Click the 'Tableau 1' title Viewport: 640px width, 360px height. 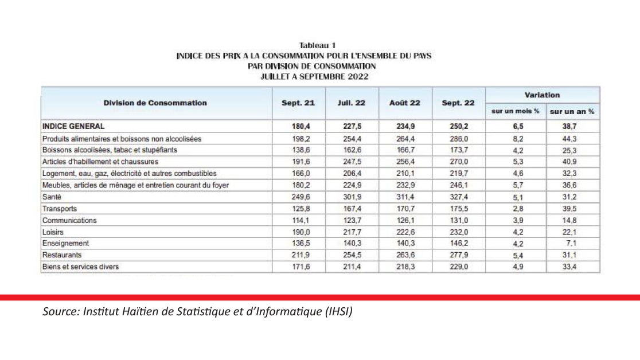(x=317, y=45)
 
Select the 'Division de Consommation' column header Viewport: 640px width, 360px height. (x=155, y=103)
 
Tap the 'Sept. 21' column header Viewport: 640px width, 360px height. (x=298, y=103)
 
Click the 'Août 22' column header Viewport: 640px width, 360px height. (x=405, y=103)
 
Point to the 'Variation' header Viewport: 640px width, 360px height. (x=542, y=95)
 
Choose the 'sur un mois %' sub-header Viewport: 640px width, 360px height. (x=516, y=111)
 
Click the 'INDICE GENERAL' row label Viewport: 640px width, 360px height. (x=73, y=126)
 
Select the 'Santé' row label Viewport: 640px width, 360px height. (x=52, y=197)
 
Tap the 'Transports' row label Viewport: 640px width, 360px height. (x=60, y=209)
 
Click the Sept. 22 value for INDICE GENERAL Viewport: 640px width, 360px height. (x=459, y=126)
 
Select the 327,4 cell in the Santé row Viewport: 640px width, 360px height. (x=459, y=197)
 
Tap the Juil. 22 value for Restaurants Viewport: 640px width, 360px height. (x=352, y=255)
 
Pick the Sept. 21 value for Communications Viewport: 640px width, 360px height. (x=298, y=220)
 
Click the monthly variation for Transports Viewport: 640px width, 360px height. (x=516, y=209)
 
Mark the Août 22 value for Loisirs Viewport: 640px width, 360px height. (x=405, y=232)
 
